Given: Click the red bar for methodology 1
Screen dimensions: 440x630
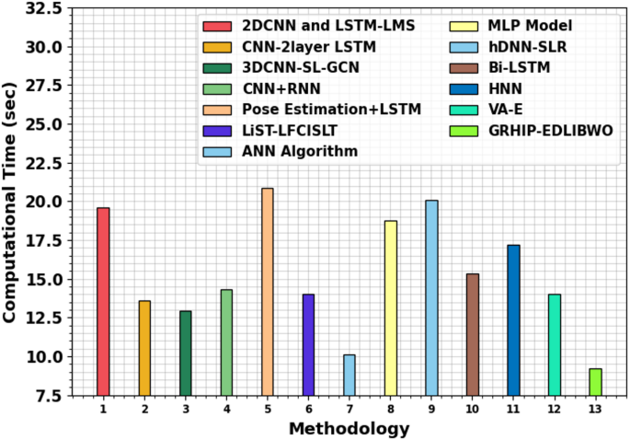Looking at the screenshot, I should [x=103, y=301].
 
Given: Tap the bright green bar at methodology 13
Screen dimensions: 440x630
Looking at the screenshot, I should [x=596, y=381].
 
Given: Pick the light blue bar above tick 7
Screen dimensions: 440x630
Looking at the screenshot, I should [x=349, y=375].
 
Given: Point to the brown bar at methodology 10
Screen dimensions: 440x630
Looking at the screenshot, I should [x=473, y=334].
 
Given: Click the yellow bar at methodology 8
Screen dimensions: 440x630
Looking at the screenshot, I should [x=391, y=307].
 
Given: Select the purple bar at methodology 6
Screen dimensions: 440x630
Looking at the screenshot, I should [x=308, y=344].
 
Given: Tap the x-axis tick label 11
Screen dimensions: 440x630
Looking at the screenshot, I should [x=513, y=408].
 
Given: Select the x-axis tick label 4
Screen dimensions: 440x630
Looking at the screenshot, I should [x=226, y=408].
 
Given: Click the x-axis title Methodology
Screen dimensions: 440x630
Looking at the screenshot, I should [x=349, y=428].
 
